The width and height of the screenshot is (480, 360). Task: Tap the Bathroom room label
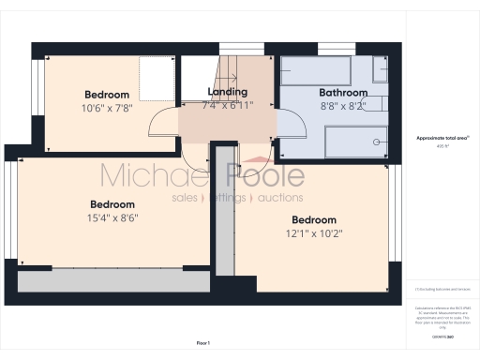tap(342, 93)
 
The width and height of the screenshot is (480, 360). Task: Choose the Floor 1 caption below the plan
tap(202, 345)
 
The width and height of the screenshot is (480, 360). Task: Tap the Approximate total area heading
tap(442, 138)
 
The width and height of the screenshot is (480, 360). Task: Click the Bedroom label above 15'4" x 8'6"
tap(112, 204)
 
